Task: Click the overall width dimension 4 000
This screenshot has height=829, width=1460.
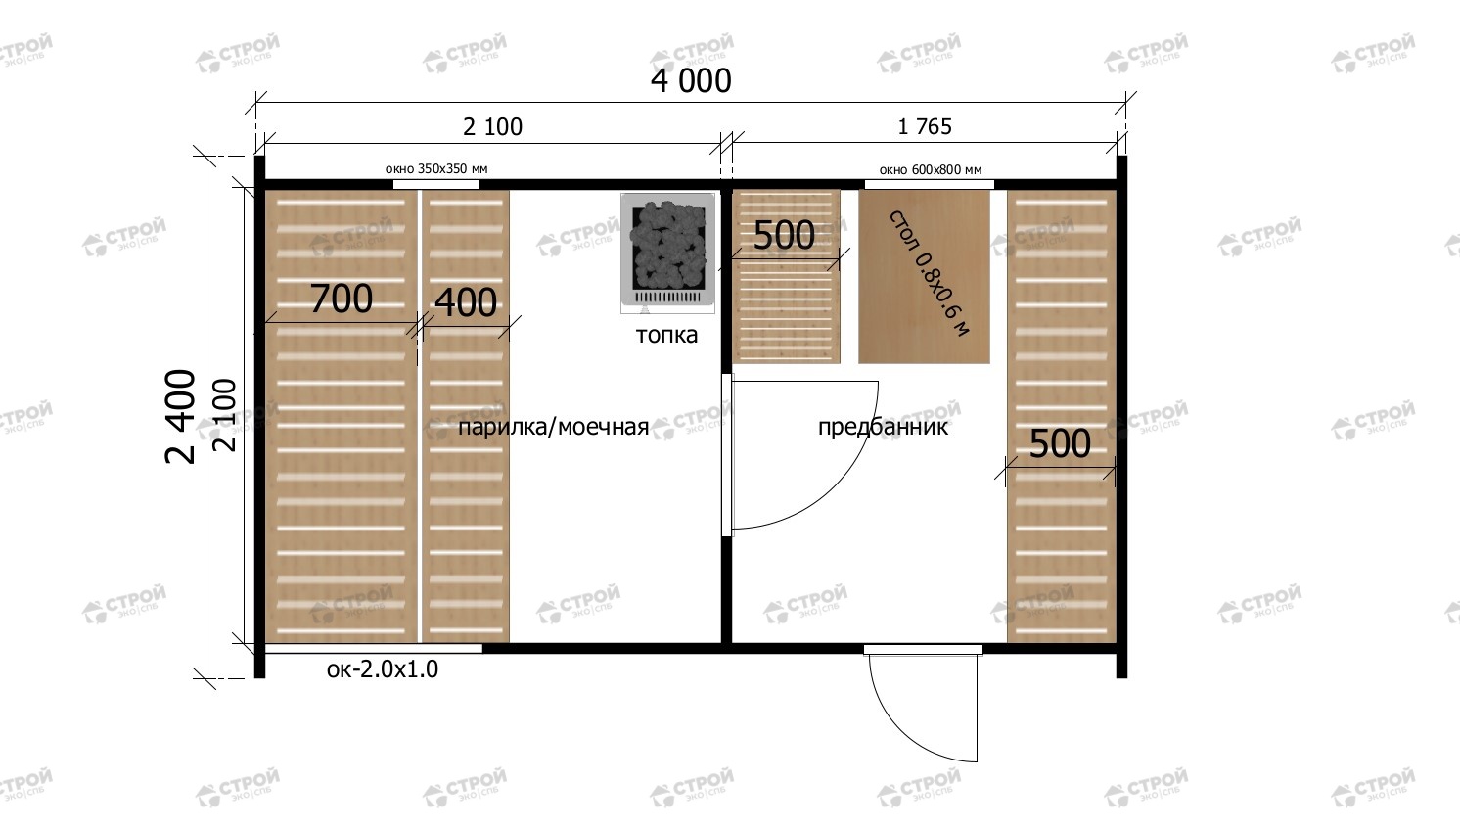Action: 691,81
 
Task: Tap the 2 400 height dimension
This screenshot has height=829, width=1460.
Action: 181,416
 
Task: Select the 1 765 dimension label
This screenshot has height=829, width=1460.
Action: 925,126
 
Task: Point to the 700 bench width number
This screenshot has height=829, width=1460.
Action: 341,299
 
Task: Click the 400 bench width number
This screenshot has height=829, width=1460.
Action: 466,302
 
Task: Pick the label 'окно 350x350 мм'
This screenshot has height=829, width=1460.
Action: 436,169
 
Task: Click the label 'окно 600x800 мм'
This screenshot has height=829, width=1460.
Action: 930,170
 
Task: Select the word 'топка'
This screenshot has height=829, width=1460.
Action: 666,335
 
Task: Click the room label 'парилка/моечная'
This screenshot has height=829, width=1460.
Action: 553,428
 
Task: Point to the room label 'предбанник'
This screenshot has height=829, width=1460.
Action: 884,428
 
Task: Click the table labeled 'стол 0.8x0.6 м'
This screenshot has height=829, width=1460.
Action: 924,276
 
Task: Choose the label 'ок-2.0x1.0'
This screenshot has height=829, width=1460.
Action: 383,669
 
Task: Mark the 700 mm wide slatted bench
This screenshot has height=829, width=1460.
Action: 341,416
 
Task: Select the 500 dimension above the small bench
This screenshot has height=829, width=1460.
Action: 784,235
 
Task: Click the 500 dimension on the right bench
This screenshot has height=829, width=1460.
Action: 1060,443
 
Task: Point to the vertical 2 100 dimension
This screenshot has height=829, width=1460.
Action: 225,415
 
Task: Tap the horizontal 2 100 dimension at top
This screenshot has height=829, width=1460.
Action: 493,126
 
